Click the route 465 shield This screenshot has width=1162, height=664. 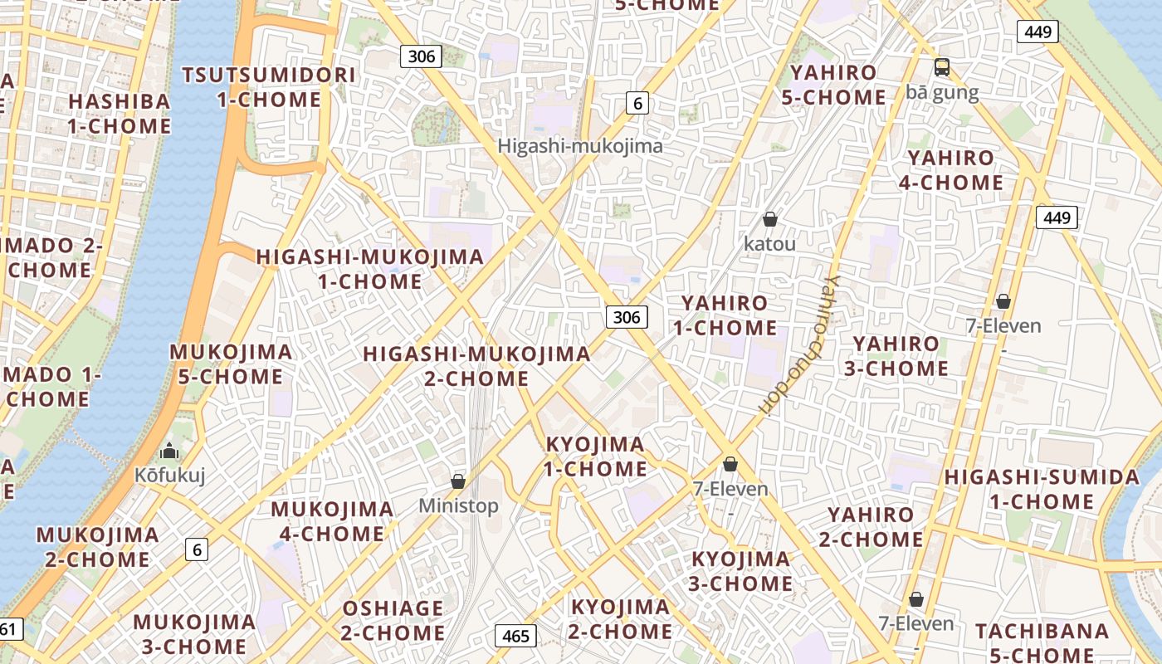pos(515,636)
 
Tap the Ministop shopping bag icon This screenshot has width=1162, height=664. pos(457,481)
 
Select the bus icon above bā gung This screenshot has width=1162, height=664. pos(941,67)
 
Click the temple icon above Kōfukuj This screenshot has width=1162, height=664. pos(169,452)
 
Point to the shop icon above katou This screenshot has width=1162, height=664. pos(769,219)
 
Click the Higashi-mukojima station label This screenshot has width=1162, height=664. pos(580,146)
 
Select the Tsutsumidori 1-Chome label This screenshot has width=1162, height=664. pos(268,87)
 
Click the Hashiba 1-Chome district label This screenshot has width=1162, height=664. pos(120,114)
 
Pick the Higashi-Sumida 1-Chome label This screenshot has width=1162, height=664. pos(1042,489)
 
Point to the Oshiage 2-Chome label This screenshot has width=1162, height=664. pos(393,620)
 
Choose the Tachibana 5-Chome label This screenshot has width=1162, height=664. pos(1042,642)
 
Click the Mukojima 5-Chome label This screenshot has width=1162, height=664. pos(231,364)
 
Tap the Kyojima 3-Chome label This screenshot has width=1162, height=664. pos(740,571)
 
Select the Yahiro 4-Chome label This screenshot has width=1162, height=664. pos(950,169)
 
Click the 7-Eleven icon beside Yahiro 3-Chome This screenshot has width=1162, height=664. pos(1003,301)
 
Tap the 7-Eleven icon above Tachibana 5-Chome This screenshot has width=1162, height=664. pos(916,599)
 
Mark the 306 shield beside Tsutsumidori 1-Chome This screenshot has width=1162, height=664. pos(421,56)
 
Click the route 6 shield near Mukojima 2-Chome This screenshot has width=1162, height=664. pos(196,549)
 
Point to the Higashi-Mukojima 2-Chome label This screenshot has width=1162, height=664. pos(476,366)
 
